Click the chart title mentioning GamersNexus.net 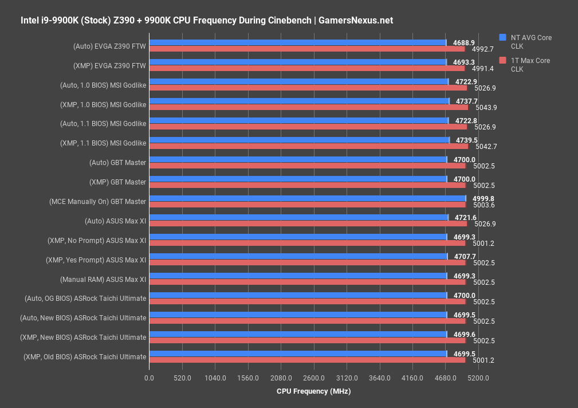207,21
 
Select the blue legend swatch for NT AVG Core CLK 502,37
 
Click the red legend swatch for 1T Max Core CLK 502,60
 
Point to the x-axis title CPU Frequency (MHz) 313,391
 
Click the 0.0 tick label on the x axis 149,378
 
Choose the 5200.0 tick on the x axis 478,378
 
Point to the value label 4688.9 463,42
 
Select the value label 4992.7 482,49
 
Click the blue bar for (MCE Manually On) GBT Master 307,198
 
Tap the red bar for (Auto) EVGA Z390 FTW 306,49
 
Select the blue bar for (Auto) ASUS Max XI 298,217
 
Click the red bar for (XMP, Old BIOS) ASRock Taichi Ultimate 307,360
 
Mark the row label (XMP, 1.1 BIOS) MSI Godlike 103,143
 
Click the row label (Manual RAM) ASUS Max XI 103,279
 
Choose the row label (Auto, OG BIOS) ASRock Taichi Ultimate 85,299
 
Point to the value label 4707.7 465,256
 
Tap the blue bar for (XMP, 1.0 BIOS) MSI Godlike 299,101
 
